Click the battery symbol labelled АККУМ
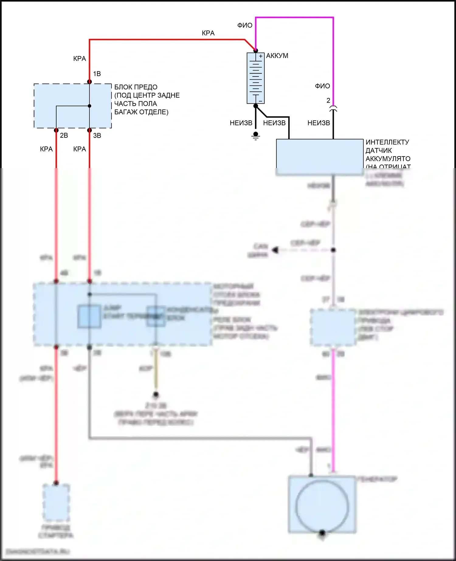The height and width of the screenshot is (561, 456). click(256, 78)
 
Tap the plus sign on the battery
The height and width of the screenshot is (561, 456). click(261, 56)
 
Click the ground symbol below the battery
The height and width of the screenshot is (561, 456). click(256, 136)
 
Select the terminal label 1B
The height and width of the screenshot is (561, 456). click(97, 74)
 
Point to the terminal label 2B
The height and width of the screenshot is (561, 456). click(64, 136)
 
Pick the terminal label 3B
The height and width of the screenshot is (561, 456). click(97, 136)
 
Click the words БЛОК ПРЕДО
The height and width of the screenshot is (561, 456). click(136, 87)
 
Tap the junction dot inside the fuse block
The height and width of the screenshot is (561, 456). click(89, 106)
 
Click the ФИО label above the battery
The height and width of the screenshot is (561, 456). click(245, 26)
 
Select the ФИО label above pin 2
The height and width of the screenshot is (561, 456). click(322, 86)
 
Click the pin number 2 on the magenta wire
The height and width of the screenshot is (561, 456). click(328, 101)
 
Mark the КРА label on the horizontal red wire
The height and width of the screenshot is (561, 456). click(208, 33)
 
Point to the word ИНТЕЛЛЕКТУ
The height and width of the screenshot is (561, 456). click(387, 142)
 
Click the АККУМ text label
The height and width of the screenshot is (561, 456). click(277, 56)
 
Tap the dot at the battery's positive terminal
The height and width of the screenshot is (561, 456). click(256, 50)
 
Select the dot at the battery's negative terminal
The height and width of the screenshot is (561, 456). click(256, 106)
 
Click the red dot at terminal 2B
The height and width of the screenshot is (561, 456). click(56, 130)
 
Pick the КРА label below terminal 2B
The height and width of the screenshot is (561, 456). click(47, 149)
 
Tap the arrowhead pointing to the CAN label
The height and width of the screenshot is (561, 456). click(275, 250)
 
